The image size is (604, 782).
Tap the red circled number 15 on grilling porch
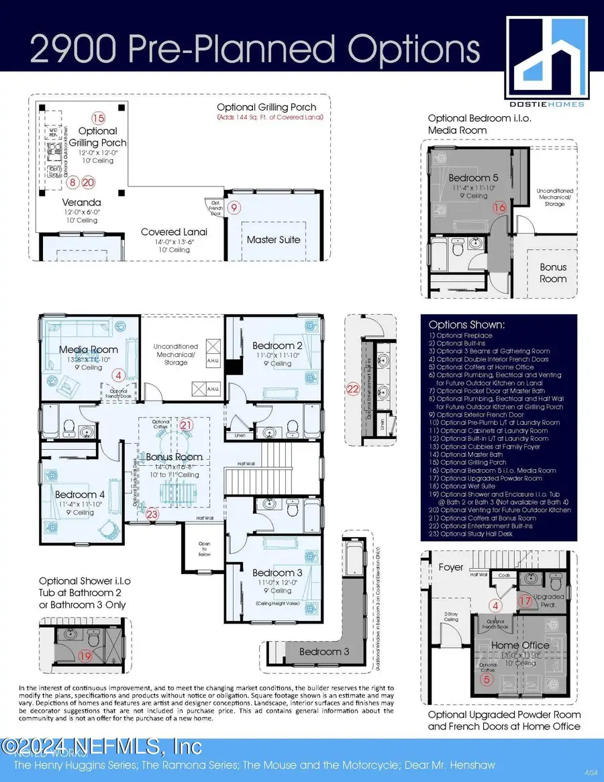coord(99,118)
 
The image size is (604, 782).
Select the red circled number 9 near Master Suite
coord(234,207)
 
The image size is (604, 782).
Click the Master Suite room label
coord(274,239)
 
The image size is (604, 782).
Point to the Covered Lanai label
coord(174,232)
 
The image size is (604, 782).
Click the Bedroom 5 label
coord(473,177)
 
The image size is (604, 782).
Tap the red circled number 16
coord(499,208)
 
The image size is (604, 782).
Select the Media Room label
coord(89,349)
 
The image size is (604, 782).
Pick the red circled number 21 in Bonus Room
coord(186,425)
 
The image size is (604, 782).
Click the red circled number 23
coord(153,514)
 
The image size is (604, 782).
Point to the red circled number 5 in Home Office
coord(489,679)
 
